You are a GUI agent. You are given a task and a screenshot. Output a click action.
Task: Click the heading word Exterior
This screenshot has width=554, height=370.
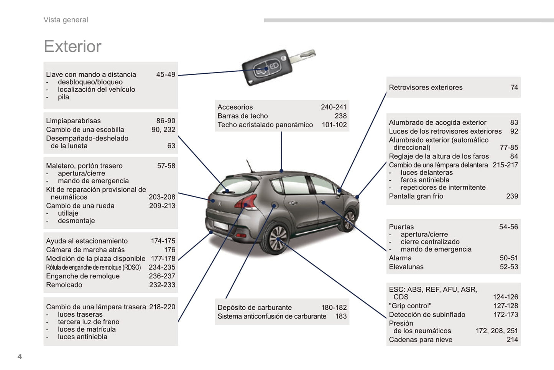(x=72, y=46)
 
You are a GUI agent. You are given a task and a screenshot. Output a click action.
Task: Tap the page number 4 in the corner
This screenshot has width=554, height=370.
(x=20, y=357)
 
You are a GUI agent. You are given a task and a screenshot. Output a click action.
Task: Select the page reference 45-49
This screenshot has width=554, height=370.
(x=166, y=74)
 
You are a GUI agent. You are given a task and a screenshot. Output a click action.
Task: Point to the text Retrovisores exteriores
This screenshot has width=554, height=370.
(x=426, y=88)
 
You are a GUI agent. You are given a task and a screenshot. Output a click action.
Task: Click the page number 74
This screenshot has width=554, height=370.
(x=514, y=88)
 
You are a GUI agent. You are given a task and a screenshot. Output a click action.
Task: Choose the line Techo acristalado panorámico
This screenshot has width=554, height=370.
(x=265, y=125)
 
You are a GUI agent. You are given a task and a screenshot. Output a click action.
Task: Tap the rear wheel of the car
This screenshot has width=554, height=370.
(x=278, y=239)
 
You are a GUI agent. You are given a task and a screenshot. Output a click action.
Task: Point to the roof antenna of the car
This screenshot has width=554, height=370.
(x=250, y=166)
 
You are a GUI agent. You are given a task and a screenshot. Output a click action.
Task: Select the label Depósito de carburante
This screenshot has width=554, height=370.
(x=255, y=307)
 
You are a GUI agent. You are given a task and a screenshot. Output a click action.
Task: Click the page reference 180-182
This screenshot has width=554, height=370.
(x=334, y=307)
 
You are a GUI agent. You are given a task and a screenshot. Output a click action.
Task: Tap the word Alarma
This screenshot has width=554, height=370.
(x=400, y=258)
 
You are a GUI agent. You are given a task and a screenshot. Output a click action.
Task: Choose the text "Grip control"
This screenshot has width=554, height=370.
(x=410, y=306)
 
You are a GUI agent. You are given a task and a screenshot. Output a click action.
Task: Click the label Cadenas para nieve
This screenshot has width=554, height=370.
(x=421, y=340)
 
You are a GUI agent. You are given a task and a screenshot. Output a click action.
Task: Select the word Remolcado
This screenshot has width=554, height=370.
(x=64, y=285)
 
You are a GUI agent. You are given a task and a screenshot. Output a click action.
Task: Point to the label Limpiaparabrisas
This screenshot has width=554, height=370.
(x=73, y=121)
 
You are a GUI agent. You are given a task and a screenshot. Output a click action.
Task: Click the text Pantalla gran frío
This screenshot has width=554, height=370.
(x=416, y=196)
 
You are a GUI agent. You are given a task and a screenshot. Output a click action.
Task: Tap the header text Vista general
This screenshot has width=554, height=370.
(x=66, y=20)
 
